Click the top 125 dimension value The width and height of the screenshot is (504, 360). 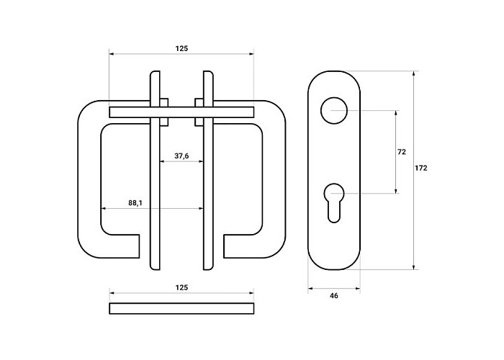(x=181, y=48)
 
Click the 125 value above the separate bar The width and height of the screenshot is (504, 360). (x=181, y=287)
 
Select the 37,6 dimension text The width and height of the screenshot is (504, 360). (x=181, y=156)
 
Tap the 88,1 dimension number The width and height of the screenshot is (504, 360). (x=135, y=203)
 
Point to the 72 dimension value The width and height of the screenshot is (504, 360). (x=402, y=152)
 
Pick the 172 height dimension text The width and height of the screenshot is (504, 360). (x=420, y=168)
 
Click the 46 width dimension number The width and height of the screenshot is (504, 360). (x=334, y=296)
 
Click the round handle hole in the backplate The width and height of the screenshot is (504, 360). (x=334, y=110)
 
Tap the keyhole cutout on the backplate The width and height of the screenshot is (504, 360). (x=334, y=202)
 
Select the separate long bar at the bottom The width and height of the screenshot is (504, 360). (x=181, y=308)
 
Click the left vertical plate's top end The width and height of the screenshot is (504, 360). (x=156, y=72)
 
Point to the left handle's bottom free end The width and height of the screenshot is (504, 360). (x=139, y=246)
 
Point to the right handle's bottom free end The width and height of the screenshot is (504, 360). (x=225, y=246)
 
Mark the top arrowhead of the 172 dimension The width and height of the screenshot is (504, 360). (x=414, y=73)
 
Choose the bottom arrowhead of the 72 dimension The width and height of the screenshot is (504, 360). (x=396, y=191)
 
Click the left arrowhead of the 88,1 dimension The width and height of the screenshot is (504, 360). (x=104, y=208)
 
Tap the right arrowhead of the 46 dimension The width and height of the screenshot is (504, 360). (x=358, y=288)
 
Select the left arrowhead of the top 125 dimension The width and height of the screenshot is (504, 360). (x=112, y=54)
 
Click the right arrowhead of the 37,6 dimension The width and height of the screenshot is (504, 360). (x=201, y=161)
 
